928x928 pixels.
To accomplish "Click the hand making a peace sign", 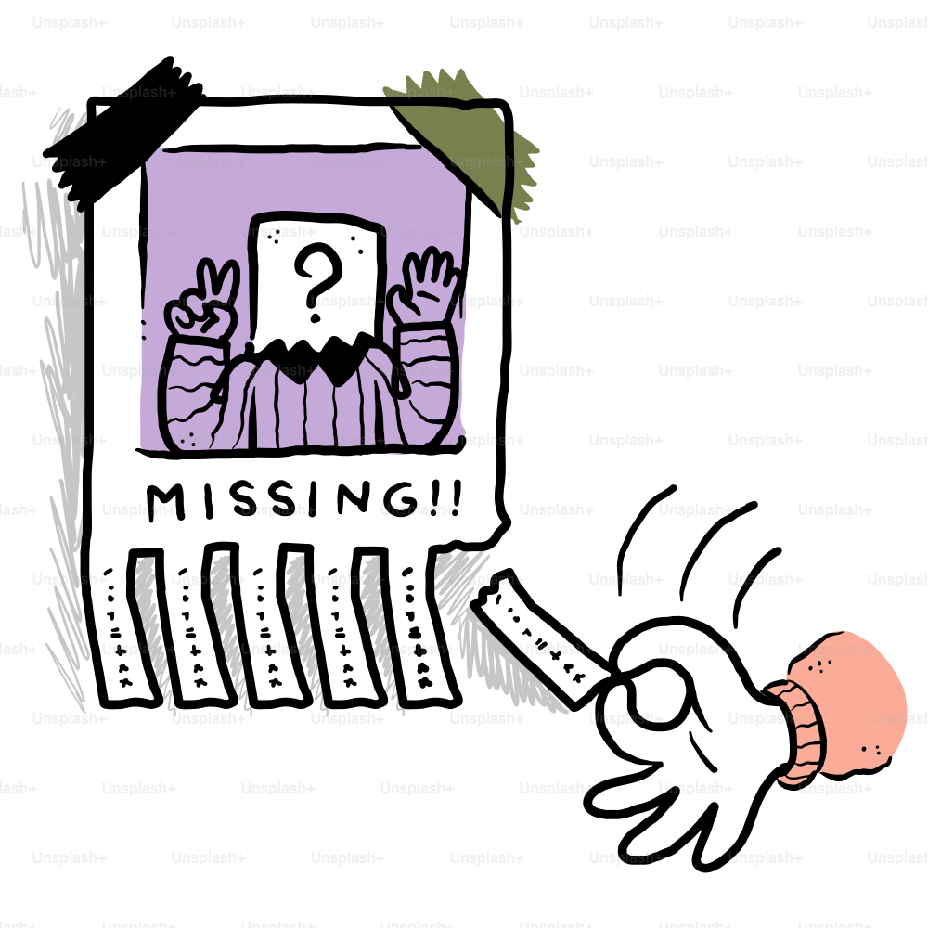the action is click(202, 302).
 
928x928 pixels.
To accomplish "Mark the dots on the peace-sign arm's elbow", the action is click(186, 436).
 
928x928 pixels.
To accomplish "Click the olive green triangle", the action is click(464, 139).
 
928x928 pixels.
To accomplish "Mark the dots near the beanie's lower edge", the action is click(868, 748).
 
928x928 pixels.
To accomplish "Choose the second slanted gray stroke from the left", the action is click(227, 631).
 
